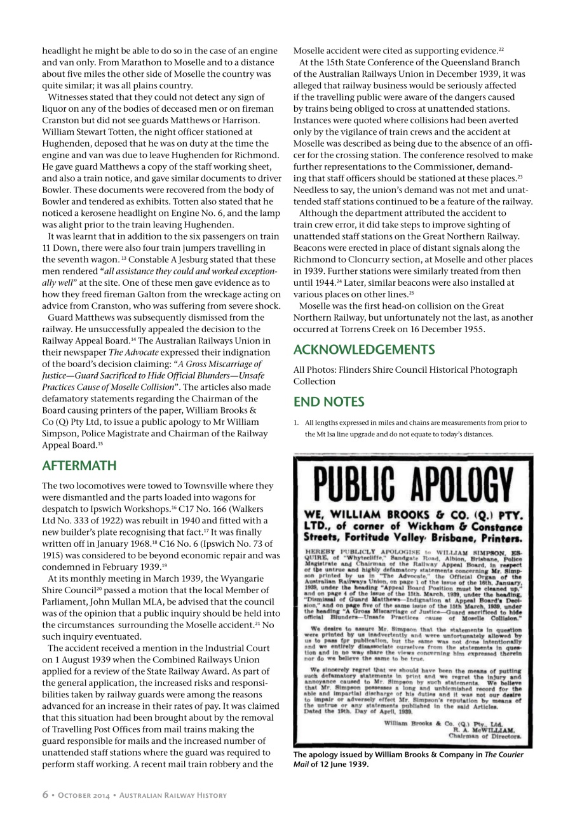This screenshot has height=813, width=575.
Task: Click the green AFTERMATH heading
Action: pyautogui.click(x=79, y=466)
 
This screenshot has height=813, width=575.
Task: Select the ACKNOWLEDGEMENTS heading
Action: pyautogui.click(x=364, y=350)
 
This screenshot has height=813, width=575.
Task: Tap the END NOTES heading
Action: pyautogui.click(x=328, y=402)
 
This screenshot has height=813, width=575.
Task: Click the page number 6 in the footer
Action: pyautogui.click(x=46, y=795)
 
